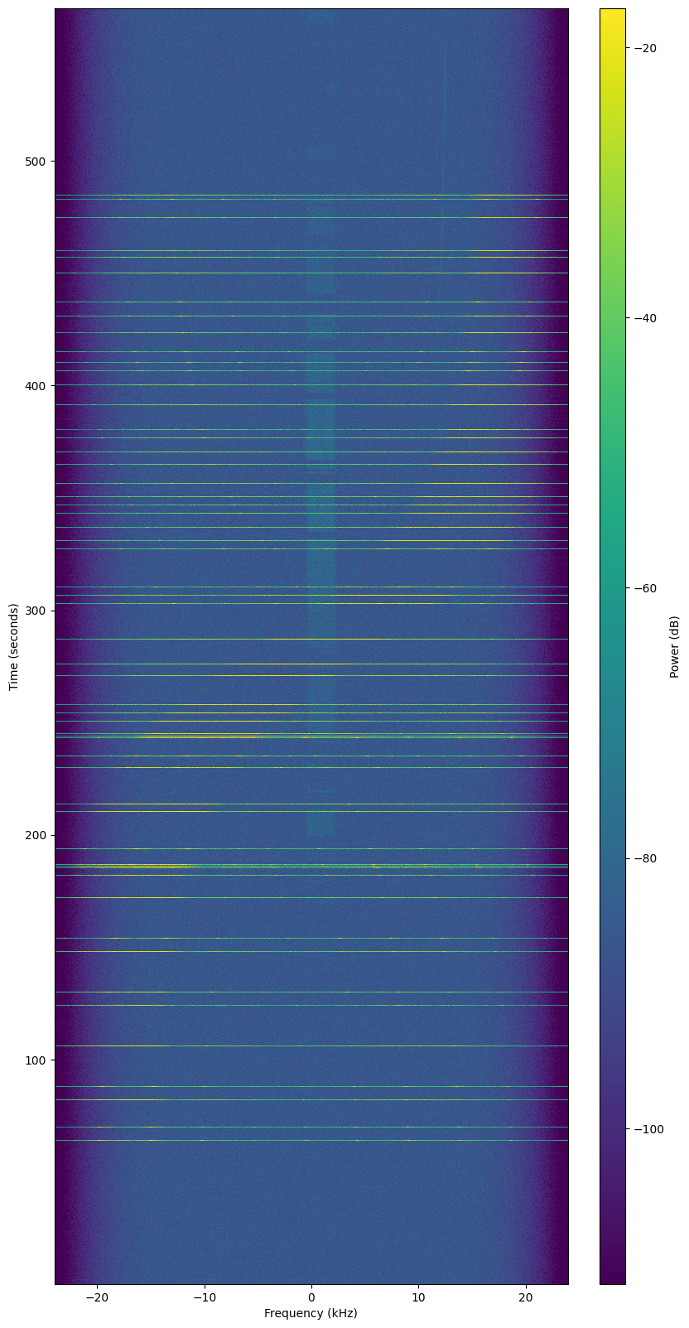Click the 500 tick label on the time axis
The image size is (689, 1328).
(36, 161)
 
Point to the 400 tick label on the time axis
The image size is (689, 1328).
(36, 386)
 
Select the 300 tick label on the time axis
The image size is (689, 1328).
(36, 611)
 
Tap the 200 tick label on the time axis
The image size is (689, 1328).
(36, 835)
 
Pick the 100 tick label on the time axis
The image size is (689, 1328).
(36, 1060)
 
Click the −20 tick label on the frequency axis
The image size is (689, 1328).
(97, 1297)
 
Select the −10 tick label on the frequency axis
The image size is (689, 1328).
(204, 1297)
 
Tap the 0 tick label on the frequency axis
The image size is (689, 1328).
(311, 1297)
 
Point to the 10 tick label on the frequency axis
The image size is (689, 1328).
(418, 1297)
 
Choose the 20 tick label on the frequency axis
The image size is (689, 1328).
(525, 1297)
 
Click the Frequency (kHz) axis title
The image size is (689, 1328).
(311, 1313)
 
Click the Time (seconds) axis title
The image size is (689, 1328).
(14, 646)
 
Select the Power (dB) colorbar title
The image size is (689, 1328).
(675, 646)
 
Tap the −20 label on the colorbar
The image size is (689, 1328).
(645, 48)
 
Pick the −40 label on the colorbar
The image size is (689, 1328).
(645, 318)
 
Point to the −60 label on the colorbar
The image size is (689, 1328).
(645, 588)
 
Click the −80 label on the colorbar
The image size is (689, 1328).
(645, 858)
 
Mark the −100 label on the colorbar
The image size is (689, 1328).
(648, 1128)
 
